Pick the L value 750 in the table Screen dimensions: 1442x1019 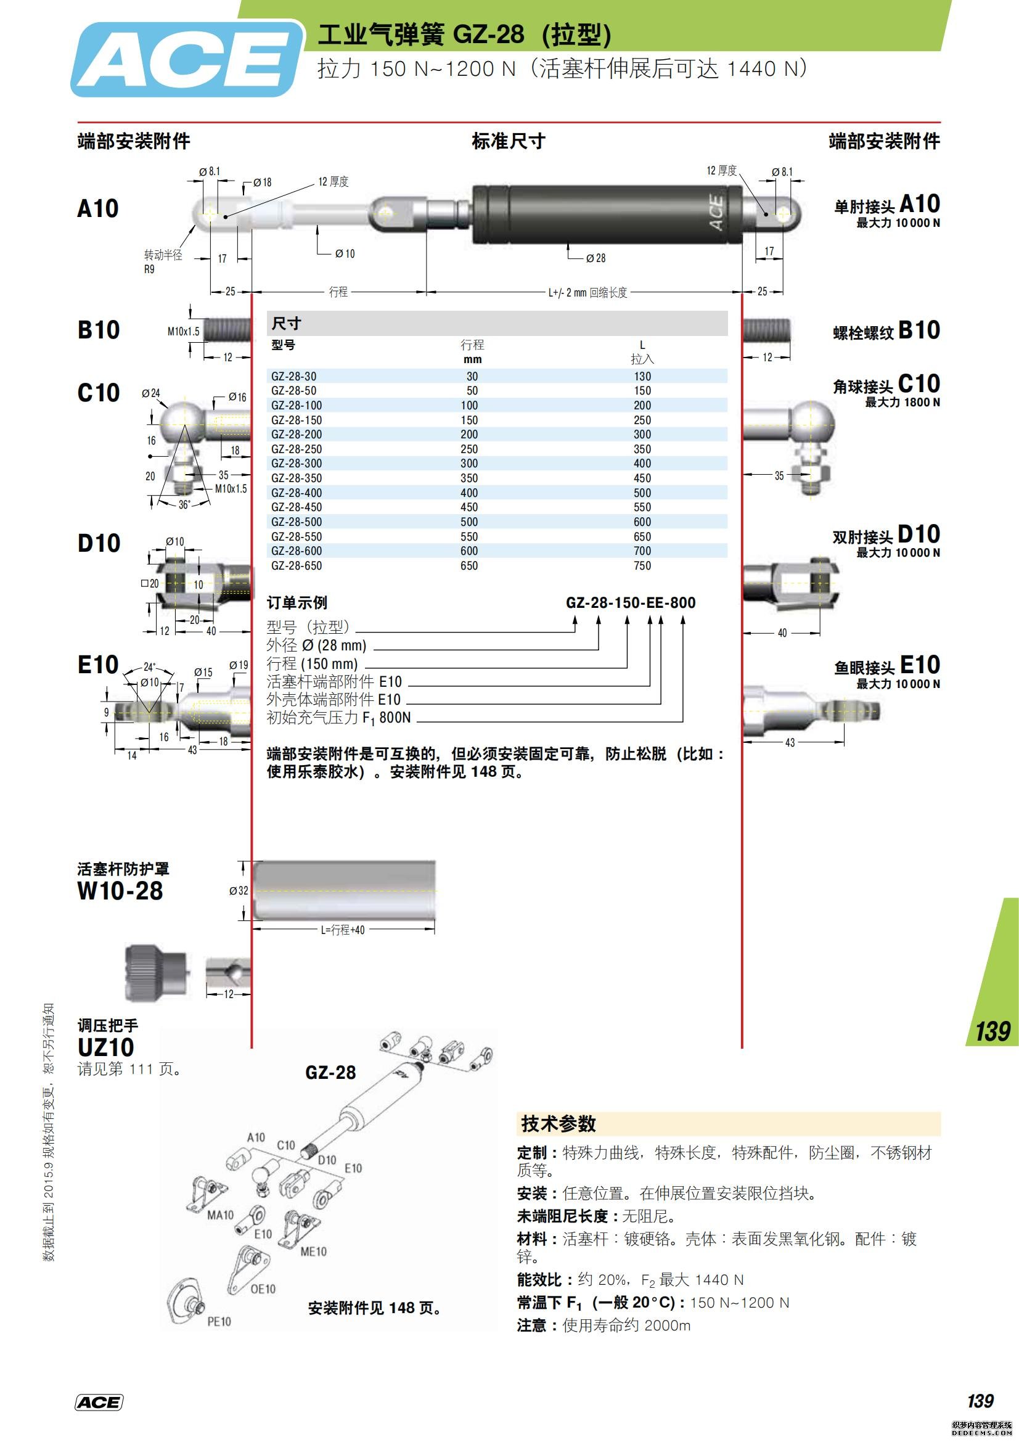642,565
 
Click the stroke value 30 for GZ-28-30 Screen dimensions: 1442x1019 472,376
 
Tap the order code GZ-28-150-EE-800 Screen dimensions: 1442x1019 631,603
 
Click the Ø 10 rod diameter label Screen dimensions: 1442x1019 345,254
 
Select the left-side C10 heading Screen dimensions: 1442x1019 99,393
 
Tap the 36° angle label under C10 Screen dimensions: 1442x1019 184,505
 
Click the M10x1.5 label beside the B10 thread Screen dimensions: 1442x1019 182,332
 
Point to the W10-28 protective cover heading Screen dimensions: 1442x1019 120,891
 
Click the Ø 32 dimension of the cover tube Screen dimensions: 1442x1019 239,891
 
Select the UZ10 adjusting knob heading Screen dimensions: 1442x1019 105,1047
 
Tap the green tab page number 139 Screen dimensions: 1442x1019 992,1031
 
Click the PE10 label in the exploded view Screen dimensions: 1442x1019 218,1322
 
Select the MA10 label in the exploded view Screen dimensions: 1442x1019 219,1215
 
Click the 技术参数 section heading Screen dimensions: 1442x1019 558,1124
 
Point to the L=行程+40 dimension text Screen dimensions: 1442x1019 343,930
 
